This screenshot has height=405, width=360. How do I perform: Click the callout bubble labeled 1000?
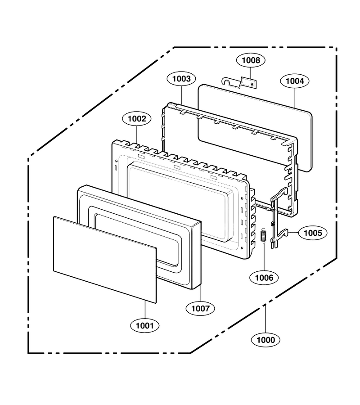tap(266, 340)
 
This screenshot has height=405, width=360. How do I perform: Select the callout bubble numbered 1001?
tap(145, 325)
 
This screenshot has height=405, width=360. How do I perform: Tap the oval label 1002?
tap(137, 119)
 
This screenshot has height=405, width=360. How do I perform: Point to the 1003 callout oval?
tap(181, 78)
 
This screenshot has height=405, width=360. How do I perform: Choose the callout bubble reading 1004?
tap(295, 81)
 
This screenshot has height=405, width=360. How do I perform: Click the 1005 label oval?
tap(313, 233)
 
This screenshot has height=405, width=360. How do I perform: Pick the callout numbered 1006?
tap(264, 278)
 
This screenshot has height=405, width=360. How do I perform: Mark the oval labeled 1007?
tap(200, 308)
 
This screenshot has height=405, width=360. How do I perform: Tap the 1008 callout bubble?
tap(251, 60)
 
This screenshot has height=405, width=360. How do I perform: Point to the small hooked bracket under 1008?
tap(239, 83)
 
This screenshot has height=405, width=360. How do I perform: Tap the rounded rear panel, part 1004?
tap(255, 128)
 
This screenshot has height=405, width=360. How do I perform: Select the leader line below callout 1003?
tap(181, 95)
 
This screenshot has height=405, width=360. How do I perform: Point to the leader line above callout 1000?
tap(265, 319)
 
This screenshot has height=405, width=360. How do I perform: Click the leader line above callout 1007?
tap(200, 294)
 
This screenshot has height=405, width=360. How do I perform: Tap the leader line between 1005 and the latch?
tap(293, 233)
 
